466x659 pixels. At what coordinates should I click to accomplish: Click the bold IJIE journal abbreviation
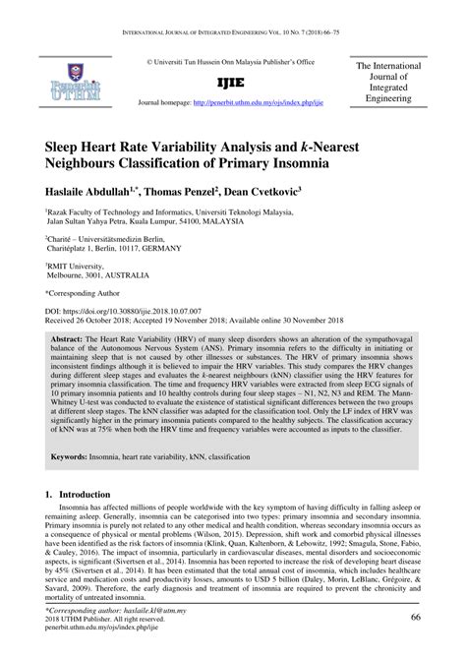231,83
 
